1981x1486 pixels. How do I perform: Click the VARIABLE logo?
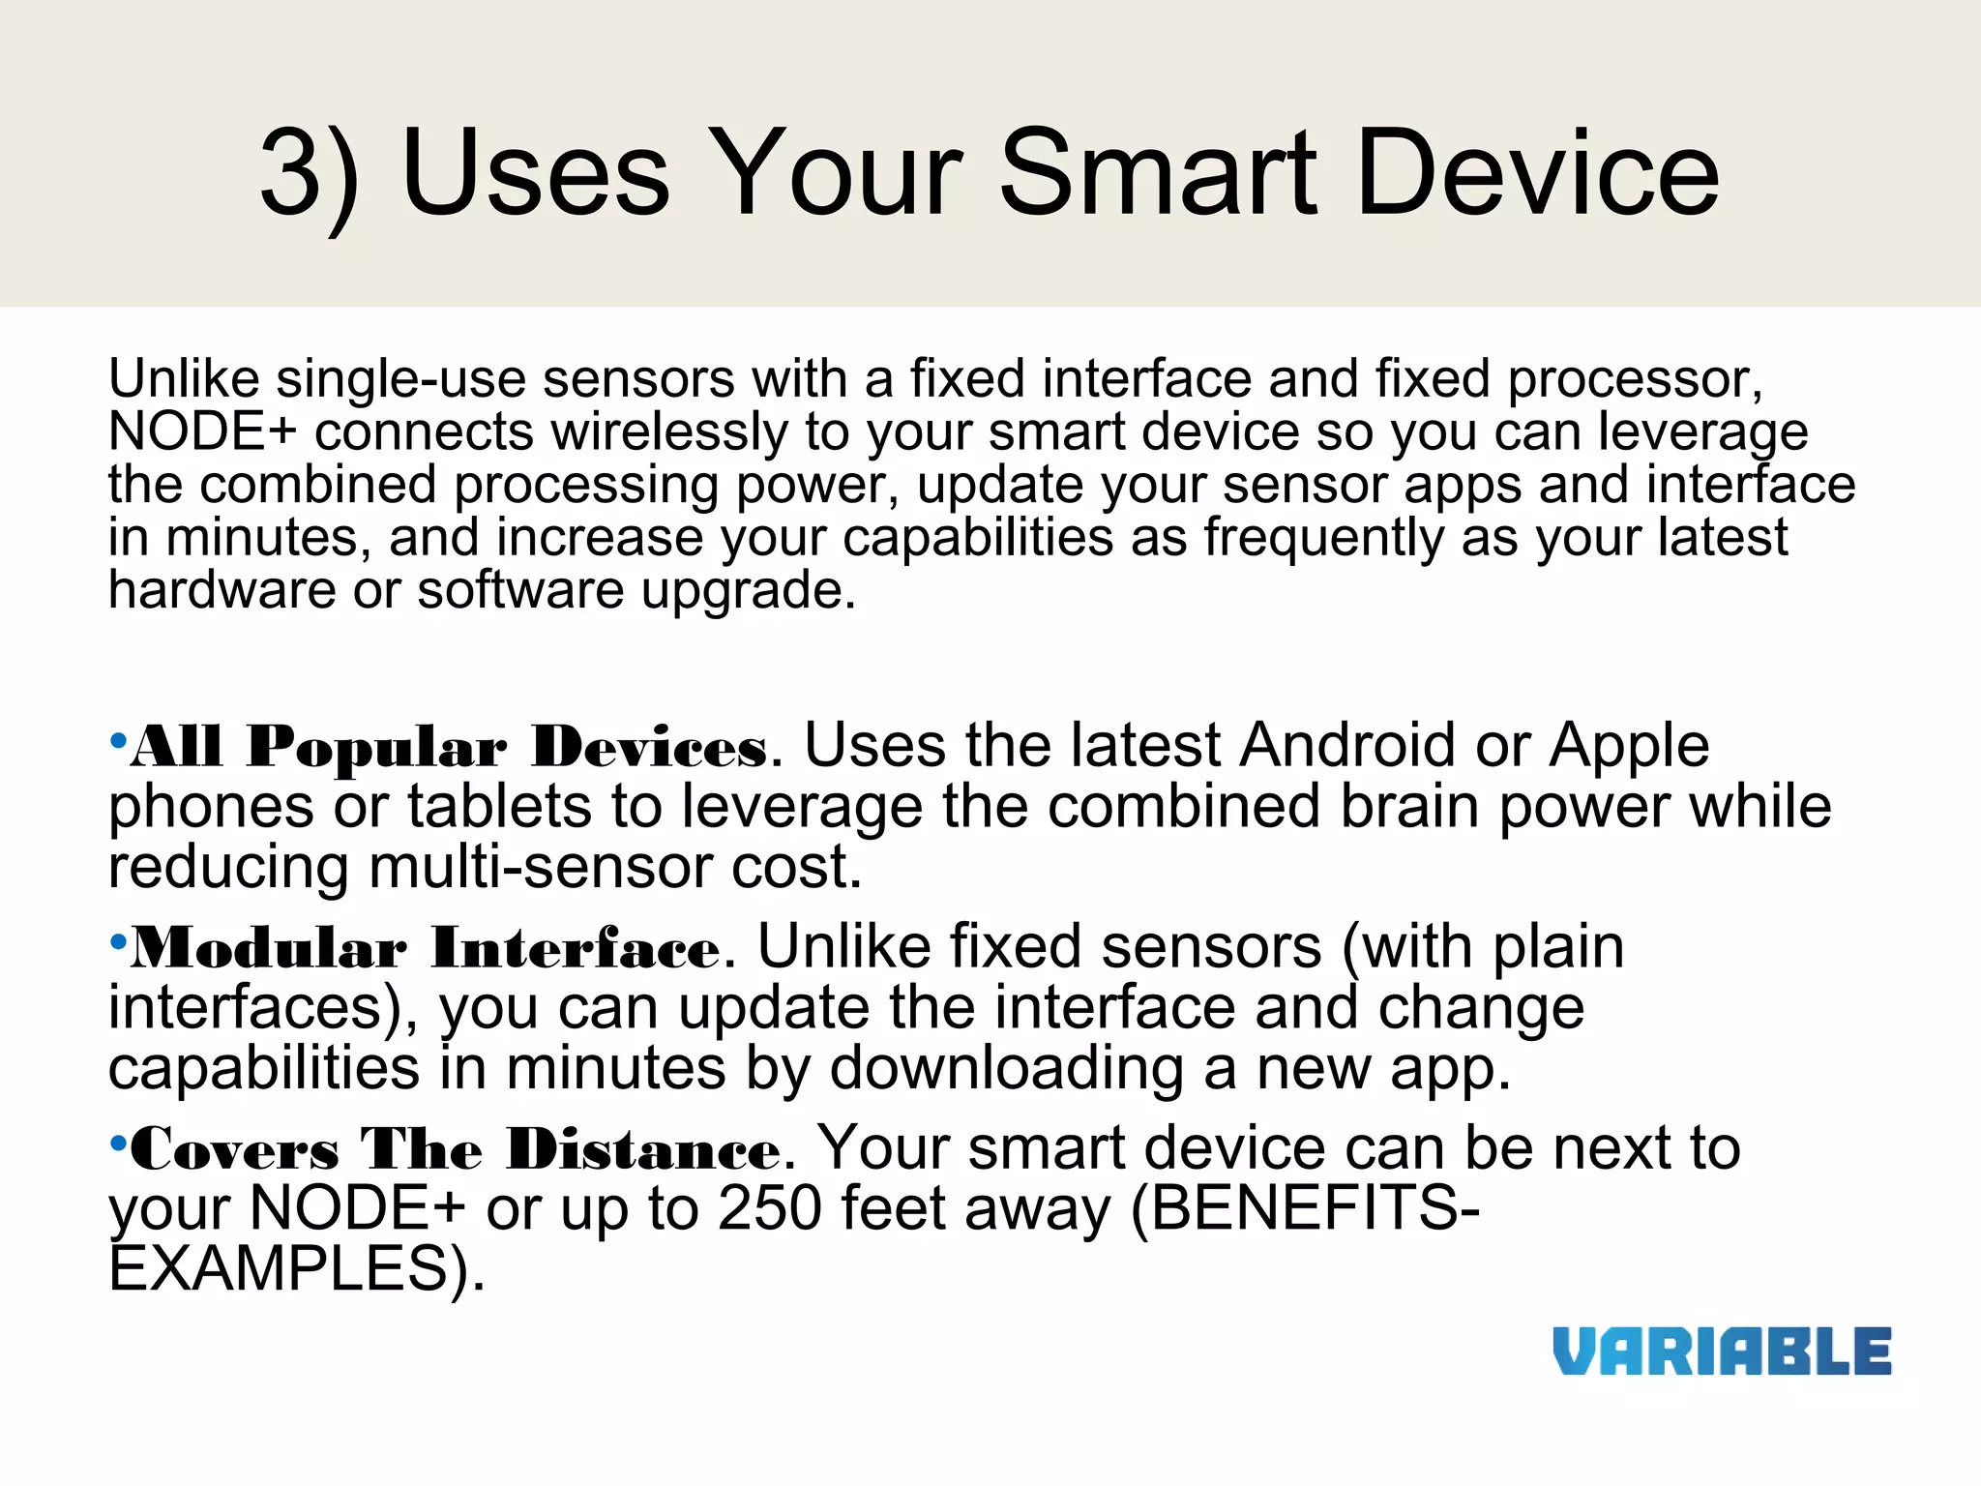point(1722,1352)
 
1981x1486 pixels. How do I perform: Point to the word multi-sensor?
point(541,867)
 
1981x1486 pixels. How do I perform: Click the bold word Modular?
point(269,948)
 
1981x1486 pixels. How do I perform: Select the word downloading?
point(1007,1069)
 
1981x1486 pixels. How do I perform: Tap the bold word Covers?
point(235,1149)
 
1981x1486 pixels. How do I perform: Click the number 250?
point(770,1208)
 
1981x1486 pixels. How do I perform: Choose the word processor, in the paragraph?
point(1635,379)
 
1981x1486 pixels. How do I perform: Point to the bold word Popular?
point(376,748)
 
